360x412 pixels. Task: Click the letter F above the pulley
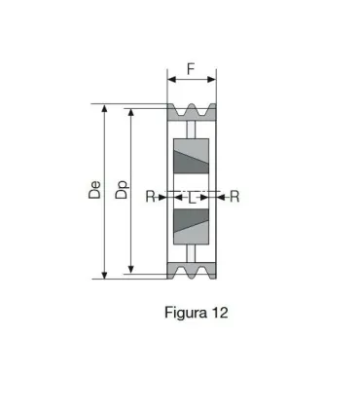191,70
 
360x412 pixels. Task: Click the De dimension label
94,191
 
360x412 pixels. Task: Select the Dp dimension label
121,191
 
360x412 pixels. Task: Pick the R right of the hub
234,197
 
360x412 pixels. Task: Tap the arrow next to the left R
162,197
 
